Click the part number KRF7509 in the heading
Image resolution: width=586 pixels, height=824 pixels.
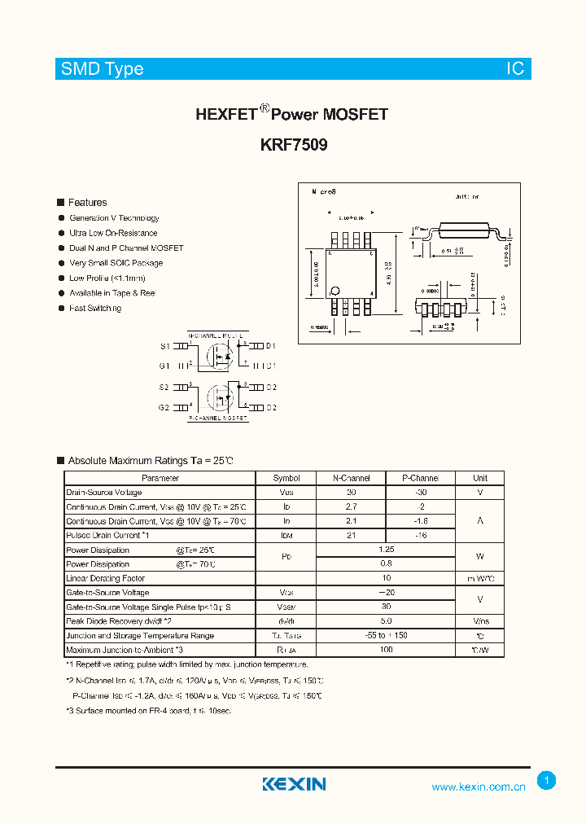(293, 146)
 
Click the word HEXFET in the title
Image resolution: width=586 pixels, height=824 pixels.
(226, 115)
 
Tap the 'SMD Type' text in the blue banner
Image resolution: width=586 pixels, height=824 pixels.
(103, 69)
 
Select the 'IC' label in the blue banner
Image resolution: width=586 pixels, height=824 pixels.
(516, 69)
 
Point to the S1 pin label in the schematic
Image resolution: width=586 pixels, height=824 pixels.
(164, 346)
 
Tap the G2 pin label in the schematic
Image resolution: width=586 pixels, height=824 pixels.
(164, 407)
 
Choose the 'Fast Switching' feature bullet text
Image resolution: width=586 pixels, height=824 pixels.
(95, 308)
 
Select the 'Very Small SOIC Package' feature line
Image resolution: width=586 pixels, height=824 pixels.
(116, 263)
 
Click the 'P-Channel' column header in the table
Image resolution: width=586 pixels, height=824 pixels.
(420, 478)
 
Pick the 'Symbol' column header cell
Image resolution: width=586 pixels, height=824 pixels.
(286, 478)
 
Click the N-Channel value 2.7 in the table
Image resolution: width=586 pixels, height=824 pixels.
(351, 506)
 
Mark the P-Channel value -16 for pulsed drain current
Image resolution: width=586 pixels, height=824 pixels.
(420, 535)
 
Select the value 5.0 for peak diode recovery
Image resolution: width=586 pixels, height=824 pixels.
(386, 621)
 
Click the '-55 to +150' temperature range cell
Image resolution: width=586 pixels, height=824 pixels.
(386, 636)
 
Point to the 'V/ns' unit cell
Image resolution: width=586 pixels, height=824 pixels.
(480, 621)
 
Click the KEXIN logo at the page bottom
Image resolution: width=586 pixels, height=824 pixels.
(294, 784)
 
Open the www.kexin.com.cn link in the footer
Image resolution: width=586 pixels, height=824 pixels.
(479, 787)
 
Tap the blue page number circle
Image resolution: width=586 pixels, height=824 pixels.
(547, 781)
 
